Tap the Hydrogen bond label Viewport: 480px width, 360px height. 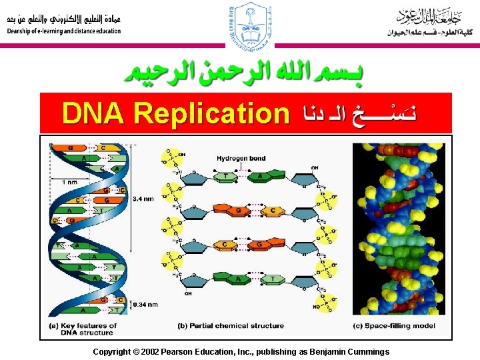tap(241, 159)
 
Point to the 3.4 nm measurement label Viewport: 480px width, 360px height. tap(143, 198)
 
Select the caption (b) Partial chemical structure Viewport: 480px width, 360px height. tap(231, 326)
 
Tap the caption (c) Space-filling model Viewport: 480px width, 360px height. tap(394, 326)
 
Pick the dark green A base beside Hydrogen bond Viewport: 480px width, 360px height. tap(257, 177)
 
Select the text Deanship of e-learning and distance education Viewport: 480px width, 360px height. tap(65, 31)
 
